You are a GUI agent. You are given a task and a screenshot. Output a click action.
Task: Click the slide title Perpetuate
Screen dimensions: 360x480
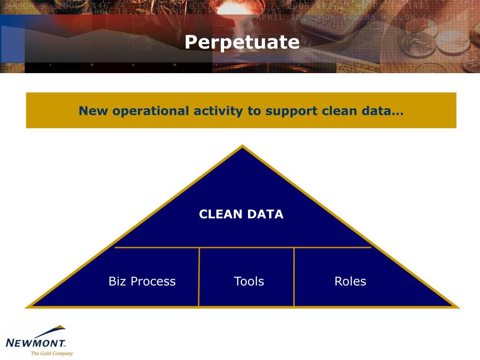[242, 42]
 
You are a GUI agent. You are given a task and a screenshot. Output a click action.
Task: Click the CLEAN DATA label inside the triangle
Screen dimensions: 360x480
[241, 214]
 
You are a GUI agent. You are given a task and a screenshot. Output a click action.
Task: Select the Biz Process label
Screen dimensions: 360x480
[142, 281]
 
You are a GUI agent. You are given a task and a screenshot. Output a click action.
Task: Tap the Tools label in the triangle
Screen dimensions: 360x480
[248, 281]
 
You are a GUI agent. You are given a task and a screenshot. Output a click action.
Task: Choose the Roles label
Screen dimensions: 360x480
[350, 281]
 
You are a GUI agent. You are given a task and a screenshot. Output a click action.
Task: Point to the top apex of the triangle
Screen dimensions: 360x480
[242, 147]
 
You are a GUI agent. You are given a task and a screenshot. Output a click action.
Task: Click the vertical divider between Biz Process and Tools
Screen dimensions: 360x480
[199, 277]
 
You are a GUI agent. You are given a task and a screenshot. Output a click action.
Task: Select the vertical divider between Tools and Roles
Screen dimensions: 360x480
[294, 277]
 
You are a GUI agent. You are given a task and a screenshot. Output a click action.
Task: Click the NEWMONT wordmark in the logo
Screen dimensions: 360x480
[36, 343]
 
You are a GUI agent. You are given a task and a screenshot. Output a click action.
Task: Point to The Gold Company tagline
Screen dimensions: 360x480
[52, 353]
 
